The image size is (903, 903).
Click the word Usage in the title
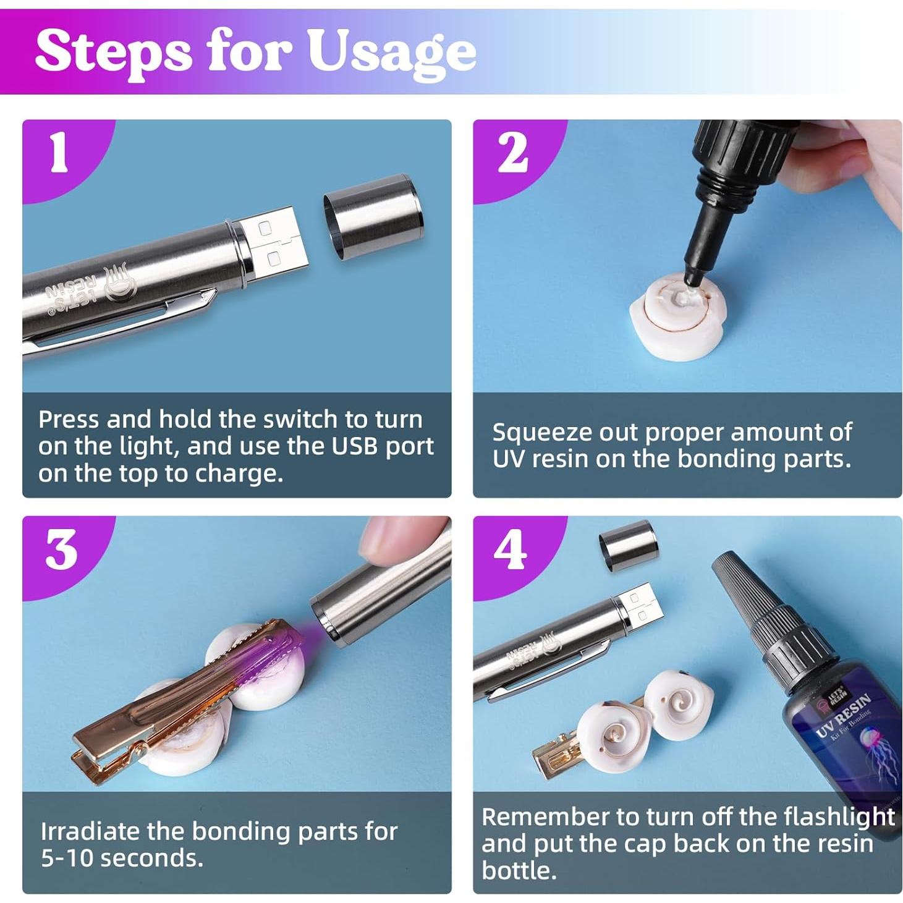point(392,53)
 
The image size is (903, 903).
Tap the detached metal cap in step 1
point(373,217)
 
